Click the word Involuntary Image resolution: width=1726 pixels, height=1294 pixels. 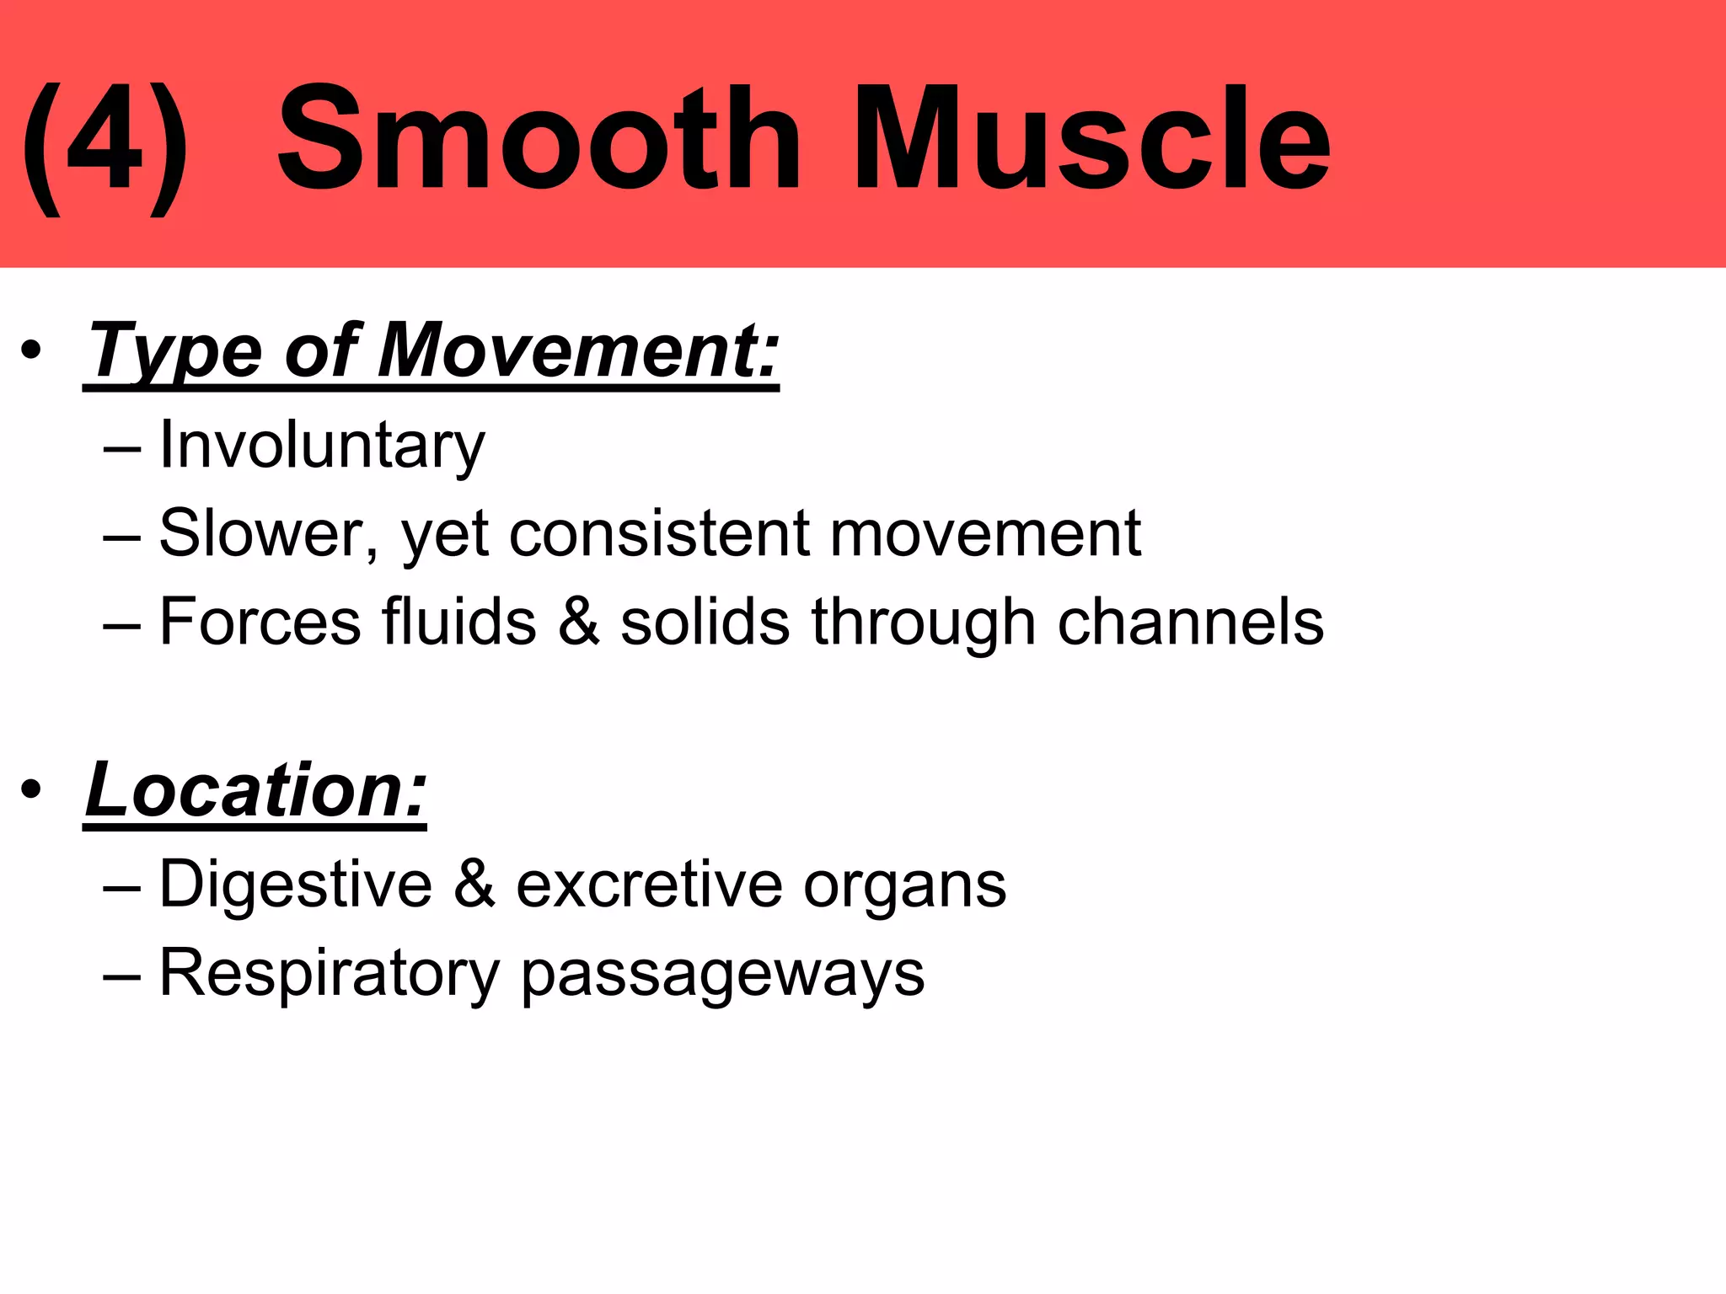[x=322, y=446]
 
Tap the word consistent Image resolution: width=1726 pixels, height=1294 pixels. [x=658, y=534]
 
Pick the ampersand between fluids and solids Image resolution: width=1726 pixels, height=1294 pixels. [x=578, y=622]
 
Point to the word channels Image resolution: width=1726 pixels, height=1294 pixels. [x=1190, y=622]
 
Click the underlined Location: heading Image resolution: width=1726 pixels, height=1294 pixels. [x=256, y=791]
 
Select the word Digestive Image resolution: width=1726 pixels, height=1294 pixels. [x=295, y=885]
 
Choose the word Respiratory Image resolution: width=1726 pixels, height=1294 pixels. [x=330, y=974]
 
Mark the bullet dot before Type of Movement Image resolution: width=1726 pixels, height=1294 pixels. [x=31, y=351]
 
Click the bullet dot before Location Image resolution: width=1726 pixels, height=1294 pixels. [x=31, y=790]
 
